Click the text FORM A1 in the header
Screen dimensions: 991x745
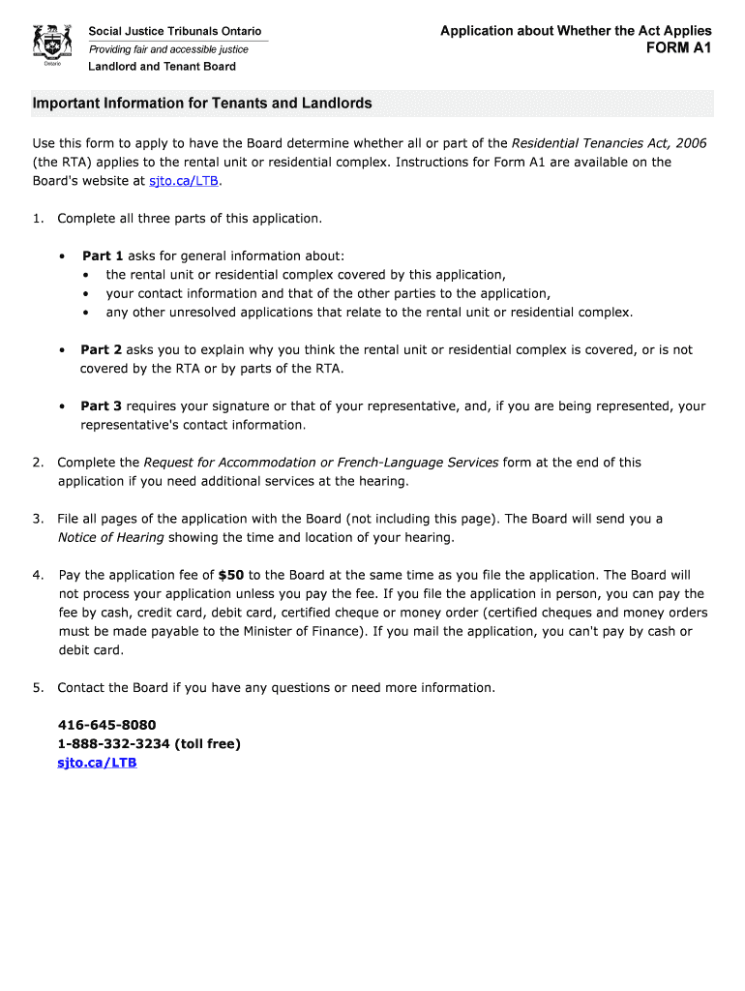click(678, 48)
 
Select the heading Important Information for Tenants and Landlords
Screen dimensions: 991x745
click(201, 104)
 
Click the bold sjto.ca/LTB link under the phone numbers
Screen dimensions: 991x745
click(97, 763)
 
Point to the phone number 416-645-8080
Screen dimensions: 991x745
click(106, 725)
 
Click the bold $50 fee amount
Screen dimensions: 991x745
click(231, 575)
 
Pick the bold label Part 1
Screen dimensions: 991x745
click(103, 255)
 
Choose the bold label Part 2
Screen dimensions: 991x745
click(101, 349)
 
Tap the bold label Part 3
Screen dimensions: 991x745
click(101, 406)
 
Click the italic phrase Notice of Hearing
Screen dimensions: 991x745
click(110, 537)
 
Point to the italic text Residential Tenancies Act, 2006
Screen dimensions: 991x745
click(609, 143)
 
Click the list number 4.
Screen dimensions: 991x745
click(37, 575)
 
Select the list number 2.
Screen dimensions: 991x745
click(37, 463)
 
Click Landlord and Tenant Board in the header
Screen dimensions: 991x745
click(162, 67)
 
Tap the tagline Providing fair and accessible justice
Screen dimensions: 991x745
click(168, 49)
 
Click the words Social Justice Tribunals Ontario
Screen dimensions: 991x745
click(174, 32)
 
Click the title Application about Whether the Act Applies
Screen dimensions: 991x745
click(576, 31)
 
